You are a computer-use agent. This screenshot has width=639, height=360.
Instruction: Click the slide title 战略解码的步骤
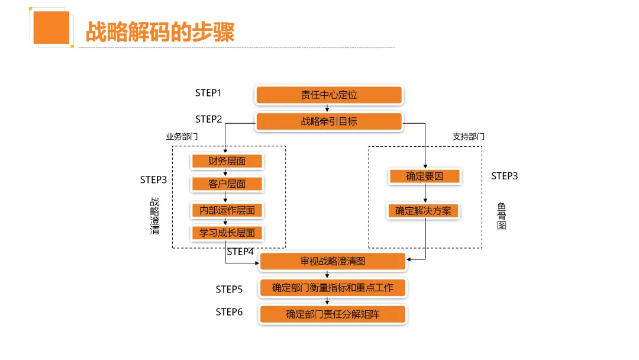(x=160, y=32)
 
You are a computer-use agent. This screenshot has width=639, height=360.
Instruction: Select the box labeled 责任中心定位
(x=329, y=95)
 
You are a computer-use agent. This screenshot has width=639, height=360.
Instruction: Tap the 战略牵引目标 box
(x=329, y=121)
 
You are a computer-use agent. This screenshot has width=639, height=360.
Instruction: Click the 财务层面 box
(x=227, y=161)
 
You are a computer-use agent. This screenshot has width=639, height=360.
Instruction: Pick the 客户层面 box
(x=227, y=184)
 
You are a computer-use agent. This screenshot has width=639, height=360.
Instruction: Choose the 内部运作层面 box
(x=227, y=210)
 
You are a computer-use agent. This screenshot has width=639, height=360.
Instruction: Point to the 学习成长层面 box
(x=227, y=233)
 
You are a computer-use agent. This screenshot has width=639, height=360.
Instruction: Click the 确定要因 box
(x=424, y=176)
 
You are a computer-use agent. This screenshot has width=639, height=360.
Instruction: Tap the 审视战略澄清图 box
(x=333, y=261)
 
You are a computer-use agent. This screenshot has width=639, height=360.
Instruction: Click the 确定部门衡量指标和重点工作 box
(x=333, y=288)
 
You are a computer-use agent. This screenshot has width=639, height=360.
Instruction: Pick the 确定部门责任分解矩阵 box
(x=333, y=314)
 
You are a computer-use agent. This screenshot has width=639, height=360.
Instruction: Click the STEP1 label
(x=208, y=93)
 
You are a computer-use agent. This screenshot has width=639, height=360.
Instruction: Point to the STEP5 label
(x=229, y=290)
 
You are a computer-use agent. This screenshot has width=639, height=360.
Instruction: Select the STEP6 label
(x=229, y=312)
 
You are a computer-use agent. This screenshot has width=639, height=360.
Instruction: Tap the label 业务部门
(x=182, y=136)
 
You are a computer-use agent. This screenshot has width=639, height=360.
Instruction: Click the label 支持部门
(x=469, y=136)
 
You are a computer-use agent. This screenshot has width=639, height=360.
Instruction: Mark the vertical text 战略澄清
(x=154, y=216)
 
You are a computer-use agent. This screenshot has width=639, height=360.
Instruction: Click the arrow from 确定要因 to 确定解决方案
(x=424, y=194)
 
